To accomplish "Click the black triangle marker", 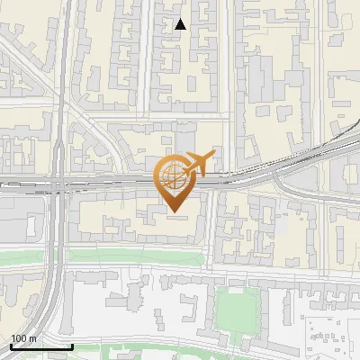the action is [181, 24].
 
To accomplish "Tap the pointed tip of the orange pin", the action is [173, 212].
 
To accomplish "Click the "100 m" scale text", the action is [23, 338].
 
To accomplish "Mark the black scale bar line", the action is [41, 346].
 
